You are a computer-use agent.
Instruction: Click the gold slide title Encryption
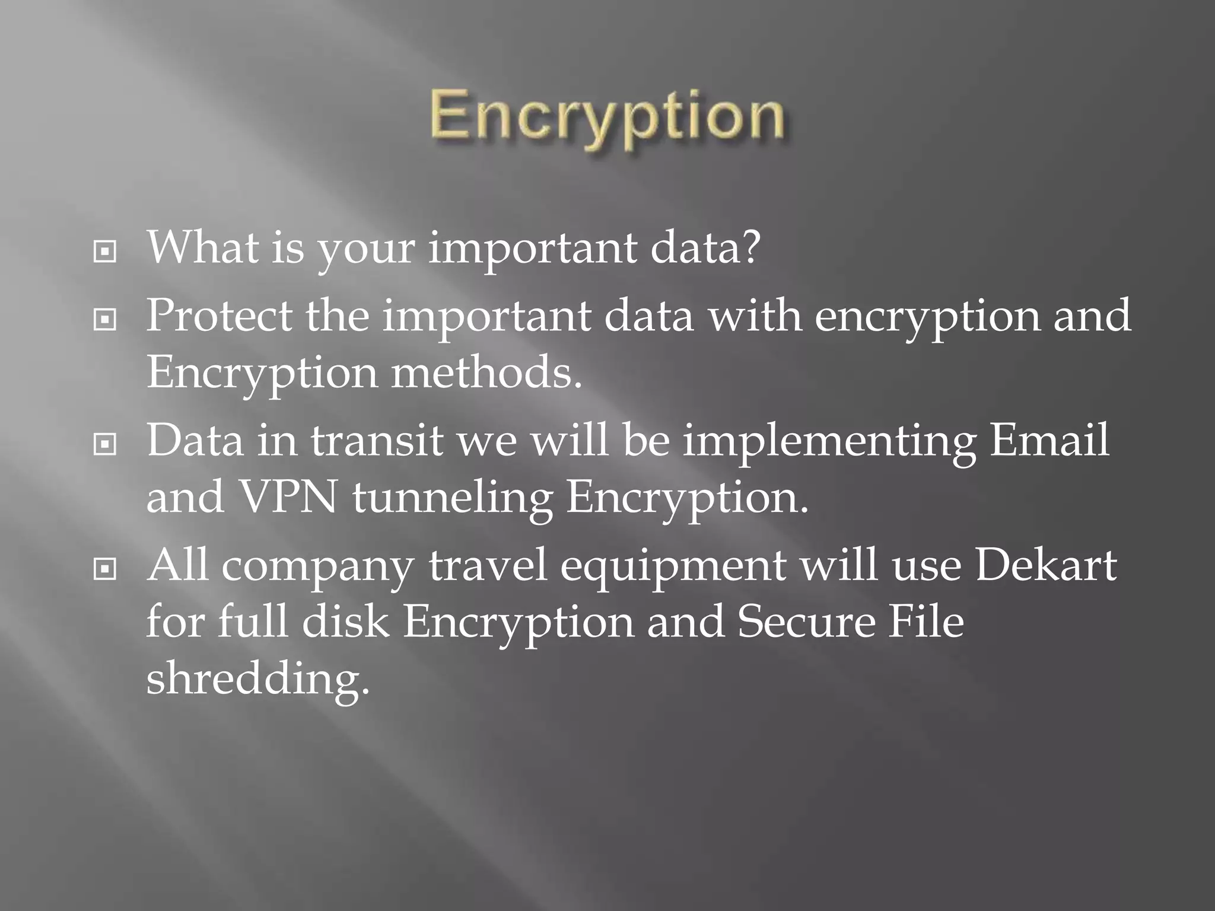point(607,119)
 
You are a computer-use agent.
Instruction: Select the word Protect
point(219,316)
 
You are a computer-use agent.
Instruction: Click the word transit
point(377,441)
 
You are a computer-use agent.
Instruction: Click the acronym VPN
point(287,497)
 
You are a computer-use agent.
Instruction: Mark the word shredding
point(257,679)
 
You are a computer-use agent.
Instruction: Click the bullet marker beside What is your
point(105,253)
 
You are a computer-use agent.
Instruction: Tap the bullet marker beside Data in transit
point(105,444)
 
